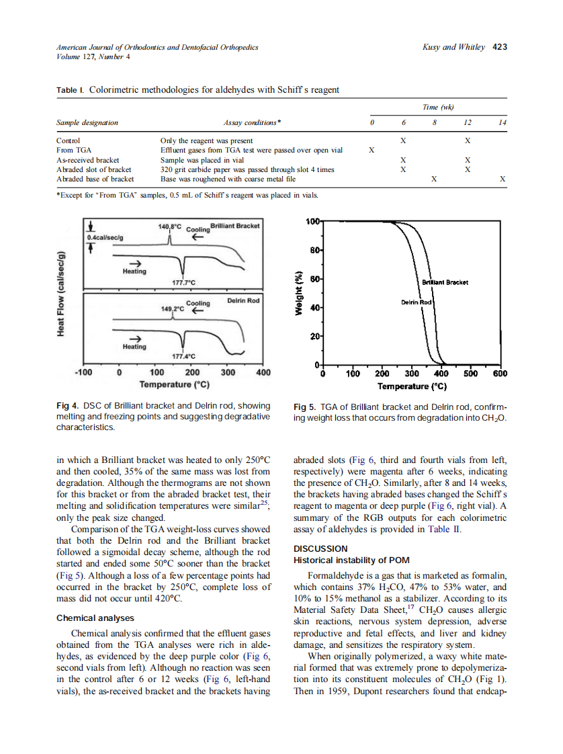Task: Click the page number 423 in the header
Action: click(499, 47)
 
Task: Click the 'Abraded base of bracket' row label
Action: click(95, 179)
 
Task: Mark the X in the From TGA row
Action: click(372, 151)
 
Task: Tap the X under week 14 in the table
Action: click(503, 179)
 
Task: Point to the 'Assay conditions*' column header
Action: click(252, 123)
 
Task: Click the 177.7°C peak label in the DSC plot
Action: click(183, 283)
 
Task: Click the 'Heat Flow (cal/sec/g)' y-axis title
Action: click(61, 293)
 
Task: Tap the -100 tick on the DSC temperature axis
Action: click(83, 372)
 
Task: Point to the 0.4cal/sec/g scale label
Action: click(105, 237)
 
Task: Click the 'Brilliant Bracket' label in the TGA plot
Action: click(444, 282)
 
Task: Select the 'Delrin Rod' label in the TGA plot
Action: click(415, 302)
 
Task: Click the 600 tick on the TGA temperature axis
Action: click(499, 374)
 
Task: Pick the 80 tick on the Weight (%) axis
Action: click(314, 250)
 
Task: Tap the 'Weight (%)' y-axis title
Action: click(301, 292)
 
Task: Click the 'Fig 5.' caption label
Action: click(306, 407)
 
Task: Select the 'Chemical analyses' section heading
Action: click(95, 618)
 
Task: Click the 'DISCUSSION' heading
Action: click(320, 548)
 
